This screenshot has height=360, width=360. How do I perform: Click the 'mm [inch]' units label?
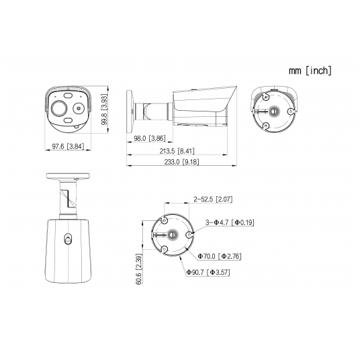pos(310,71)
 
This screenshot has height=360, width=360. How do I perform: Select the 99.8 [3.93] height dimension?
pos(105,109)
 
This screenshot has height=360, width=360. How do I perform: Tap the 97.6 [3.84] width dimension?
pos(68,146)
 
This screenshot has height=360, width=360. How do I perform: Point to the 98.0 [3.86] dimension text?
pos(150,138)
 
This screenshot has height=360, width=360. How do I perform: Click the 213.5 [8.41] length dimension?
pos(177,151)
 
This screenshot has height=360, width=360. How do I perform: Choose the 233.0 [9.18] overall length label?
pos(181,162)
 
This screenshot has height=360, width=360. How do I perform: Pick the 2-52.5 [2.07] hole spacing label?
pos(213,199)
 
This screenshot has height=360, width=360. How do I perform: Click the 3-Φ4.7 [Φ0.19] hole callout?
pos(230,222)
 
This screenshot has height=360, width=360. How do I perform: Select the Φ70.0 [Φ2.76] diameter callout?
pos(220,256)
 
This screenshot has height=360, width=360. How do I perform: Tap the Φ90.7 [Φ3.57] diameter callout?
pos(208,272)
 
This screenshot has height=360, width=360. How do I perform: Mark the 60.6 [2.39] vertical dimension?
pos(139,269)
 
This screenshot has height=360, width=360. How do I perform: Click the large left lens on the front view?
pos(58,108)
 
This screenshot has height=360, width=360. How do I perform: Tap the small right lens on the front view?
pos(79,108)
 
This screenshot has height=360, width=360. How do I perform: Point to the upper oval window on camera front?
pos(67,95)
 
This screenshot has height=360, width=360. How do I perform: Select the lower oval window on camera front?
pos(68,120)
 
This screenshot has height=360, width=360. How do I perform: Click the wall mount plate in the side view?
pos(129,111)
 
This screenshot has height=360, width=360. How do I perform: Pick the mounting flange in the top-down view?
pos(68,176)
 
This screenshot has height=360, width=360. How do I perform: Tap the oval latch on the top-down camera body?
pos(68,239)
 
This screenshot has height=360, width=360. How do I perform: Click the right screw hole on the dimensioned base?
pos(189,234)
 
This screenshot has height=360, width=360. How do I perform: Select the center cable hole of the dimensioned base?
pos(172,234)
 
